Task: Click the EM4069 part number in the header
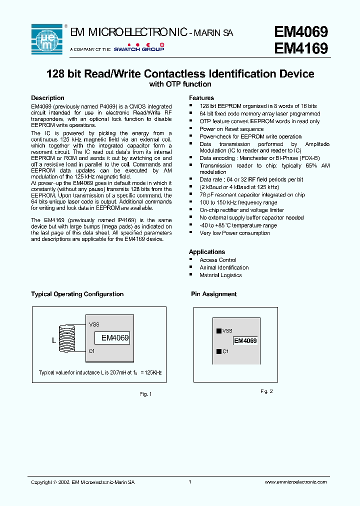301,32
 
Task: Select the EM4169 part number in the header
301,49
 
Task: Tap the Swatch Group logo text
138,49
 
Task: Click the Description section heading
47,98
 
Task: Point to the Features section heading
201,98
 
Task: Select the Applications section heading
206,252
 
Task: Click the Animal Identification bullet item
223,267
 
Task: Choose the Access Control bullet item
217,260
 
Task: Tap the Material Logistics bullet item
220,275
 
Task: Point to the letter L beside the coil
54,341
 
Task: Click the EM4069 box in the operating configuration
115,338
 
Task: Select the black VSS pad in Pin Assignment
218,331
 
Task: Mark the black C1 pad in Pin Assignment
218,351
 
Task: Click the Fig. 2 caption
266,391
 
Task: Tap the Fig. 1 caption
145,394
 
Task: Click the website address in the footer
295,482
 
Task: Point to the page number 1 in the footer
190,482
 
